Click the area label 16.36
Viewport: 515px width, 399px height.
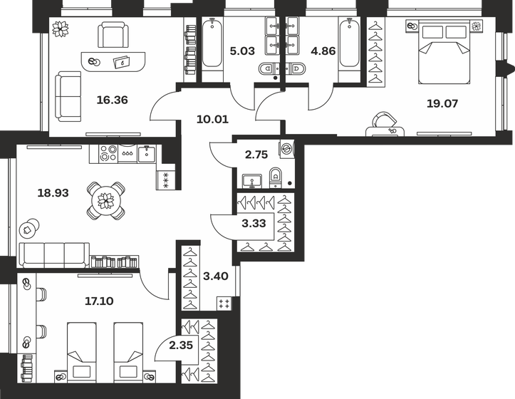pyautogui.click(x=112, y=100)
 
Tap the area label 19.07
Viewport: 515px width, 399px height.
pyautogui.click(x=442, y=103)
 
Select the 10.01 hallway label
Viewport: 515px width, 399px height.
pyautogui.click(x=210, y=119)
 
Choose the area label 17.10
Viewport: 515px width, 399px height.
pyautogui.click(x=98, y=301)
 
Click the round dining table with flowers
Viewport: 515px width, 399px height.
pyautogui.click(x=105, y=200)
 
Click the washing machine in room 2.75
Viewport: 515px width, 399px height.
pyautogui.click(x=286, y=149)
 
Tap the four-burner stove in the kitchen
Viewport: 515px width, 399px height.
pyautogui.click(x=108, y=153)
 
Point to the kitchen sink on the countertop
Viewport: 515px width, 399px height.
pyautogui.click(x=146, y=152)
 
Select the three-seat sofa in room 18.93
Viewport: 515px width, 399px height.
pyautogui.click(x=54, y=254)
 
